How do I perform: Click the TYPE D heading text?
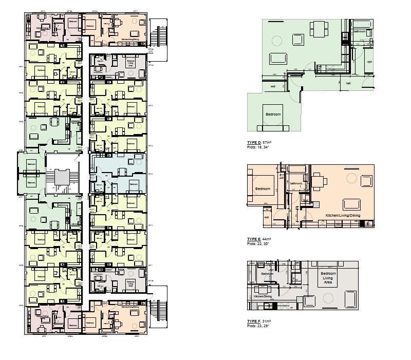point(254,142)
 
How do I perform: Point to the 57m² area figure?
point(267,142)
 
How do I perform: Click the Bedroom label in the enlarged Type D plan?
point(273,114)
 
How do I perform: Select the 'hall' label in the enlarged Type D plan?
point(348,83)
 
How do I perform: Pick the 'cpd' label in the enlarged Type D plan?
point(369,62)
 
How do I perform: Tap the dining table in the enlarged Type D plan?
point(319,28)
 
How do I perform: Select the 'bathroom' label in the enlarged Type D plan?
point(359,32)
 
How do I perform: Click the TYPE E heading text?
point(254,239)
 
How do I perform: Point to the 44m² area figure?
point(267,239)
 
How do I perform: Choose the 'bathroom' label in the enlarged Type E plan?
point(296,183)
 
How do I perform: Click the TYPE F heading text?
point(254,321)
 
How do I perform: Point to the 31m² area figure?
point(266,321)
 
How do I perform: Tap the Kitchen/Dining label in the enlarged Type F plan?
point(262,297)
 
